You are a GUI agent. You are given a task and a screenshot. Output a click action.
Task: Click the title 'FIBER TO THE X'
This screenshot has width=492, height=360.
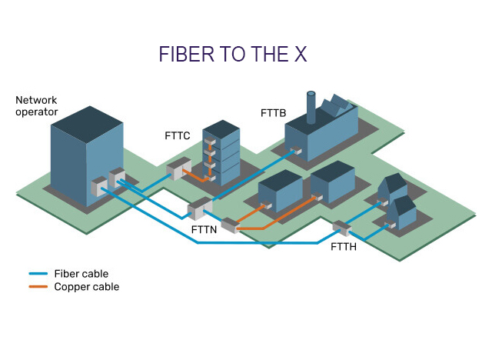233,54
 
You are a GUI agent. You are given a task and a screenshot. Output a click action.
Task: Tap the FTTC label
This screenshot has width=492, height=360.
178,136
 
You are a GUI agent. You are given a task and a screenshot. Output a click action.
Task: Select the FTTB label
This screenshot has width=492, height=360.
273,113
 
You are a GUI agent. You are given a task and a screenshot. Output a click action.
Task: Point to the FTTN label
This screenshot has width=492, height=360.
204,229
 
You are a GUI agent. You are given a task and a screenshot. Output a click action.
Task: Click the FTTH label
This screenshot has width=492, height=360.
344,247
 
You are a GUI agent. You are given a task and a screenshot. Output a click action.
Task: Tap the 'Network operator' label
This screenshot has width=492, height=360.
36,106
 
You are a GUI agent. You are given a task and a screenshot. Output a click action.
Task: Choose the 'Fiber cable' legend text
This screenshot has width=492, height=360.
81,274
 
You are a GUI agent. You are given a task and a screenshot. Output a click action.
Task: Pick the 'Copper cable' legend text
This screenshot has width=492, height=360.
86,287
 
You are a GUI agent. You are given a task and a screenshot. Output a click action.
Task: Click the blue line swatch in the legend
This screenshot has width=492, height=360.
38,274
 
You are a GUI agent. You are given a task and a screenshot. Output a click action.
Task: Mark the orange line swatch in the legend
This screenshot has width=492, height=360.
38,287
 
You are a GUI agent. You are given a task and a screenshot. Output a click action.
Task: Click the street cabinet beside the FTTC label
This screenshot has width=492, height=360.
178,169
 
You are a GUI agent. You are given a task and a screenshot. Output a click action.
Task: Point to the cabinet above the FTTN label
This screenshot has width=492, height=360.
199,208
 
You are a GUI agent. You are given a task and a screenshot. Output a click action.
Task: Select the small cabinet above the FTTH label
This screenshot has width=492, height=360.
341,228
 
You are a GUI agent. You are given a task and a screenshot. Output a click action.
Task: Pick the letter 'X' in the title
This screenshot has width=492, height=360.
301,54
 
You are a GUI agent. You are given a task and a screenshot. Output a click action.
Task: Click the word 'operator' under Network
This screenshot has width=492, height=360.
36,112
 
